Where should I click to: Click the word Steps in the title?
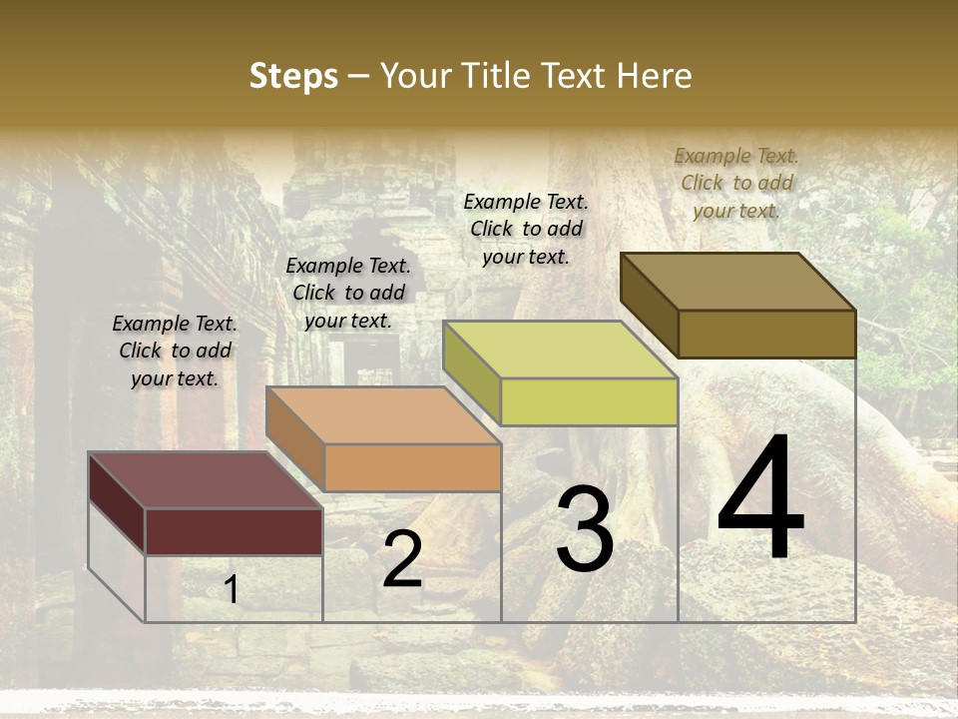tap(293, 77)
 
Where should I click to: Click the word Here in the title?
tap(656, 76)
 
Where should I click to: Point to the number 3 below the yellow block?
tap(585, 528)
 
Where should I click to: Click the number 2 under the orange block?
tap(402, 559)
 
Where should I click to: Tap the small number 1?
tap(231, 590)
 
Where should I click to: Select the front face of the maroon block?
tap(234, 531)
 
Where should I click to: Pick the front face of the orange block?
tap(412, 467)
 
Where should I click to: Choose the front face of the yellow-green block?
tap(589, 401)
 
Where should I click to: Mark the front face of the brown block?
tap(766, 334)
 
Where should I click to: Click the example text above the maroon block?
tap(175, 351)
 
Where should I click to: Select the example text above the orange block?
tap(348, 293)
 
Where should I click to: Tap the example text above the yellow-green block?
tap(526, 229)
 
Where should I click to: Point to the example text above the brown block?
tap(736, 183)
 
